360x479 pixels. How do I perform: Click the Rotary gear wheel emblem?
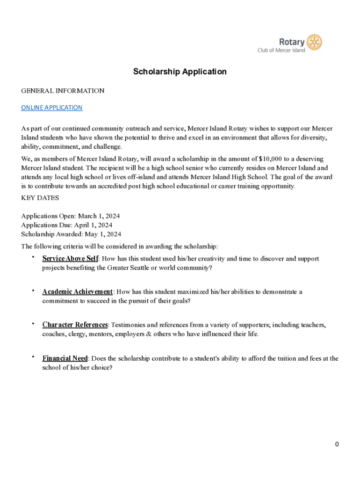(x=315, y=42)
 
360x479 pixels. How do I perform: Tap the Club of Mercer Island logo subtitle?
(x=281, y=51)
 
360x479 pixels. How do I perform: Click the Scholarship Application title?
(x=180, y=72)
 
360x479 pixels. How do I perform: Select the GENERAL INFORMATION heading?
(x=63, y=91)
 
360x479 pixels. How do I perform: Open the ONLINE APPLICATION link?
(x=52, y=108)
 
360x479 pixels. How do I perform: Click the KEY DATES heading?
(x=40, y=198)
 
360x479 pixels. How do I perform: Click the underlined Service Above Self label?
(x=70, y=259)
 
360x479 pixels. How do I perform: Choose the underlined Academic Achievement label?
(x=77, y=292)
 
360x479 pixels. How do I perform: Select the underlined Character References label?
(x=75, y=325)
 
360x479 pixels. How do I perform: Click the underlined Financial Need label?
(x=65, y=358)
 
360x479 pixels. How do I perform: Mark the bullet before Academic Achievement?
(x=33, y=291)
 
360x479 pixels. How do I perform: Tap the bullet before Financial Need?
(x=33, y=357)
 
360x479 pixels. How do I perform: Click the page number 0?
(x=337, y=444)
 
